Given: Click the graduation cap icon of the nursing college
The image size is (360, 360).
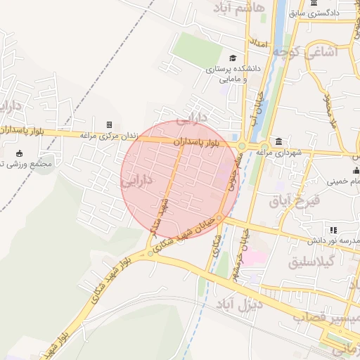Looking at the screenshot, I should click(x=233, y=58).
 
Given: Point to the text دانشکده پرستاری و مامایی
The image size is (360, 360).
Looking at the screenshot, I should click(x=233, y=72).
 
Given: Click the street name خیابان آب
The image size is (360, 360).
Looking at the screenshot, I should click(x=259, y=106).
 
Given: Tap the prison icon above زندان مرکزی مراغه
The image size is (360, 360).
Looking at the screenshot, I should click(x=109, y=124).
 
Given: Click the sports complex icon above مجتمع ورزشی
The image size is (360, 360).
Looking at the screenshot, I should click(x=18, y=154).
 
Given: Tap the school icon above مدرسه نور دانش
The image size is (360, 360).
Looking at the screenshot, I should click(x=333, y=230).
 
